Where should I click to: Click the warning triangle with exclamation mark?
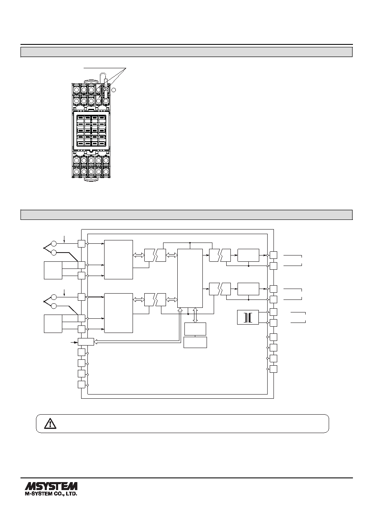tap(50, 423)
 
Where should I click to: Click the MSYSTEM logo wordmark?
tap(51, 486)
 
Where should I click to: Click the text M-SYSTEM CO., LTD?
tap(51, 494)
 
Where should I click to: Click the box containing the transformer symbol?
tap(248, 317)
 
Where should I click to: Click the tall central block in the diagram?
tap(190, 278)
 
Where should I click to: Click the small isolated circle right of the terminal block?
tap(114, 90)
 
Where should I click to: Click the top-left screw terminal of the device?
tap(76, 89)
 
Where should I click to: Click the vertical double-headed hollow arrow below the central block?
tap(195, 315)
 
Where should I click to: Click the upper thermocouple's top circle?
tap(54, 243)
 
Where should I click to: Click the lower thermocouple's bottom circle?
tap(54, 306)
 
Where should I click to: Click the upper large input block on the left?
tap(119, 260)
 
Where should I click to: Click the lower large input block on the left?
tap(119, 313)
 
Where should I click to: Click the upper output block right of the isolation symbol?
tap(248, 255)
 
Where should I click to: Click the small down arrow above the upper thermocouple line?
tap(65, 239)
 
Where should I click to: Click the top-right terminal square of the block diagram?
tap(273, 255)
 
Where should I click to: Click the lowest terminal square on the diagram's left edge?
tap(82, 384)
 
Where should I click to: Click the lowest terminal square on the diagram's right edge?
tap(273, 369)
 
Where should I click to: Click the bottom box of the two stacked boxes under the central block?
tap(195, 342)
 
